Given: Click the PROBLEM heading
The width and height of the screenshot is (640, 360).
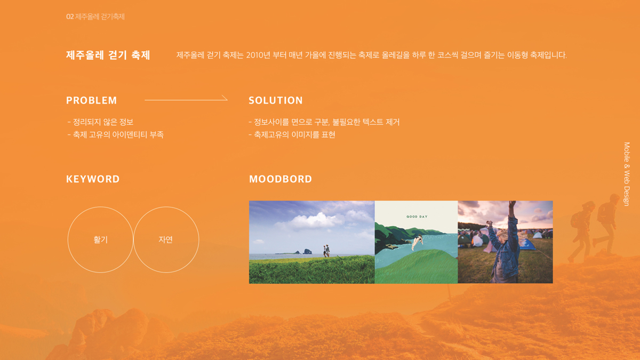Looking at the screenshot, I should [91, 100].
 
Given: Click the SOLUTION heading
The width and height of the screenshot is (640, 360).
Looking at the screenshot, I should [275, 100].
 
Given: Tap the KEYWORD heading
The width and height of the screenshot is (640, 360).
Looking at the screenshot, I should [93, 179].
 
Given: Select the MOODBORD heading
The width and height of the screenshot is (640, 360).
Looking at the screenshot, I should [280, 179].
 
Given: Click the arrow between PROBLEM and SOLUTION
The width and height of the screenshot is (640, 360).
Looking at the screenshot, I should [186, 99].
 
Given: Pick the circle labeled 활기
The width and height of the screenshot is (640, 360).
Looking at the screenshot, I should [100, 240].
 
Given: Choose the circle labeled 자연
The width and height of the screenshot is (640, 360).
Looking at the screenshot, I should [166, 240].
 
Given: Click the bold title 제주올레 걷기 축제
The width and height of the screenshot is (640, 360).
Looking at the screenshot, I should [108, 55].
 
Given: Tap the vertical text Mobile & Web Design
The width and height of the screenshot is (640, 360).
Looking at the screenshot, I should [627, 174].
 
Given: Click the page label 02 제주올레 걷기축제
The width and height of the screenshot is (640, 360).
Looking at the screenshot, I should [95, 17].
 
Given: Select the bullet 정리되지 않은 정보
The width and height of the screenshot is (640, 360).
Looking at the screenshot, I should [101, 122].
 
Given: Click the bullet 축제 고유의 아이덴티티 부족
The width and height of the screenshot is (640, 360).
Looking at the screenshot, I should [116, 135].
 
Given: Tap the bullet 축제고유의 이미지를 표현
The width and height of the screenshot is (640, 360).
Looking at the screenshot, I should [293, 135].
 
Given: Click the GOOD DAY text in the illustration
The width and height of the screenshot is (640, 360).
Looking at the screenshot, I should [417, 217].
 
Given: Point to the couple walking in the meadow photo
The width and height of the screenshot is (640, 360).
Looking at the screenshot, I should [326, 251].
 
